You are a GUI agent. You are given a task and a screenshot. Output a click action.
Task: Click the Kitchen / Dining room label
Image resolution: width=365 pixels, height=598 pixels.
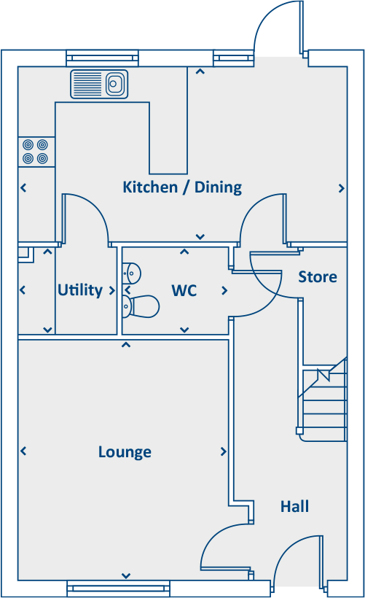[182, 187]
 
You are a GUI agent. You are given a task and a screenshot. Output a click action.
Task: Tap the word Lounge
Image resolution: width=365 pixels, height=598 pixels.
[125, 452]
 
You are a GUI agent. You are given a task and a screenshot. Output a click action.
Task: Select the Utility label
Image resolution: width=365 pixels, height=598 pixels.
[80, 290]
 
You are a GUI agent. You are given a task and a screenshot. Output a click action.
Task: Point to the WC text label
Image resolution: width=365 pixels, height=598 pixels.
[184, 290]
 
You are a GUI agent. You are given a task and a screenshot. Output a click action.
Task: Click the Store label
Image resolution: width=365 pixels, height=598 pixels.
[318, 277]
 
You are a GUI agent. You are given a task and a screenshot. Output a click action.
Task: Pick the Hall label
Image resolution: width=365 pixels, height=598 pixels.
[294, 506]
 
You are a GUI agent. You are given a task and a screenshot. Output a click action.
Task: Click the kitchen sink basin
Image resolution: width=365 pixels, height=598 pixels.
[114, 84]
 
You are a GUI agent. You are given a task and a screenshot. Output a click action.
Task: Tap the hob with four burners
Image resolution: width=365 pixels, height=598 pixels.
[36, 152]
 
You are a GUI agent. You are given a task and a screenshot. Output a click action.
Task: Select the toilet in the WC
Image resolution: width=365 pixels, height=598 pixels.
[140, 306]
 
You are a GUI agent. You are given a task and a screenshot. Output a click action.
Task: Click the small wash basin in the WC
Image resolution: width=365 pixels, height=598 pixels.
[131, 273]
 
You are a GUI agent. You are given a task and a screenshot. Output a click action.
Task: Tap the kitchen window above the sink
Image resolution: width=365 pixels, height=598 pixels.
[103, 58]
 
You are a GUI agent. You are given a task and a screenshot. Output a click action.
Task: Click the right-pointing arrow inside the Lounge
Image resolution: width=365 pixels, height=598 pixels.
[224, 451]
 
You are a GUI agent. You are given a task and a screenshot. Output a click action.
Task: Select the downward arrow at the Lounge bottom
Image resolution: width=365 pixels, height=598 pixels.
[126, 576]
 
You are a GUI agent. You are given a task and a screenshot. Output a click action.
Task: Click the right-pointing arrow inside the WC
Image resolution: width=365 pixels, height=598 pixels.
[224, 290]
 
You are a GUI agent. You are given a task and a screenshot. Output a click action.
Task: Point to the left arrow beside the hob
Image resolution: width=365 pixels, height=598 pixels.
[23, 187]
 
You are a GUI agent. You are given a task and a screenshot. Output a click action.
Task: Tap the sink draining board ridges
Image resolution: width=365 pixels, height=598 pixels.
[87, 84]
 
